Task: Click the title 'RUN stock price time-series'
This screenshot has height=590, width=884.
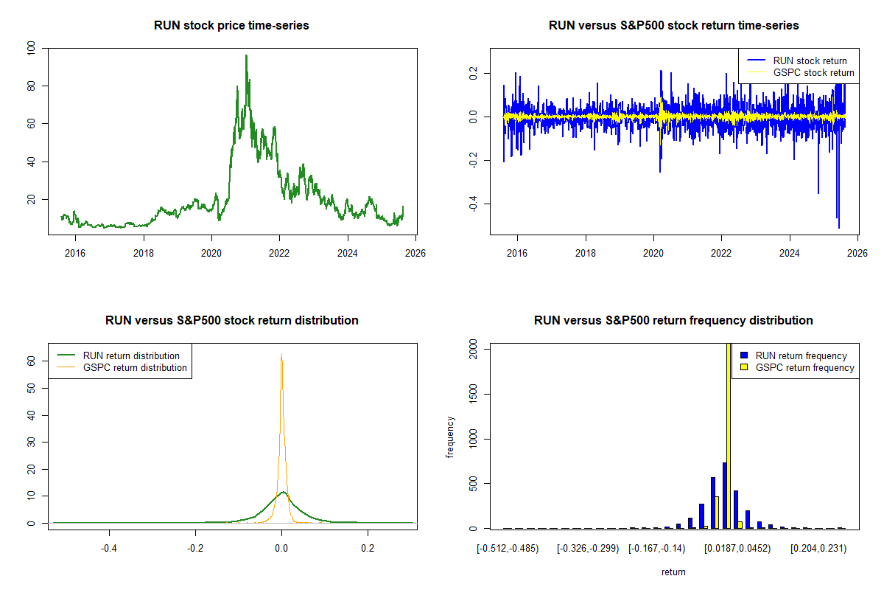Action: tap(231, 26)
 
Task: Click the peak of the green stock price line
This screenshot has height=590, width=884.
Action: tap(246, 56)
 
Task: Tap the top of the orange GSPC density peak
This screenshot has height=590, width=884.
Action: tap(281, 354)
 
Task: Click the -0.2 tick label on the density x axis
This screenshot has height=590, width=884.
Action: tap(195, 548)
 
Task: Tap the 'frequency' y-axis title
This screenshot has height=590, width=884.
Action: tap(451, 437)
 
